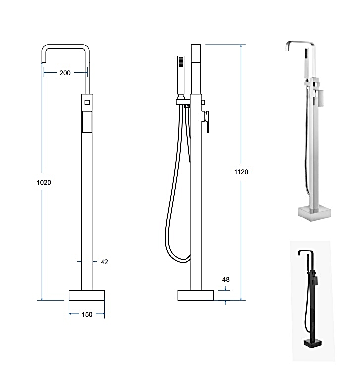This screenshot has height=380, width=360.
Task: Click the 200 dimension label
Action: point(65,73)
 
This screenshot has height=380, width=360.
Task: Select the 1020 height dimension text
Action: point(44,182)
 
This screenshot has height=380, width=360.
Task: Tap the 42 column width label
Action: point(104,262)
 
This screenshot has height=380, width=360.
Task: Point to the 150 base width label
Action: point(87,314)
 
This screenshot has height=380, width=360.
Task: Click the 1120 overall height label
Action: point(241,172)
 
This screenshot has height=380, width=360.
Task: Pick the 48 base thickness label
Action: point(226,279)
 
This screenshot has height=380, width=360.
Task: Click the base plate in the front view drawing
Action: point(87,295)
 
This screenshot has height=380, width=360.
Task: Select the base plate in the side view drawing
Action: point(196,295)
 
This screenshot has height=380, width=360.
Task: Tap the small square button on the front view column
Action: point(87,102)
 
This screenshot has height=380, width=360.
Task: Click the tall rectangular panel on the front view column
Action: point(87,122)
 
